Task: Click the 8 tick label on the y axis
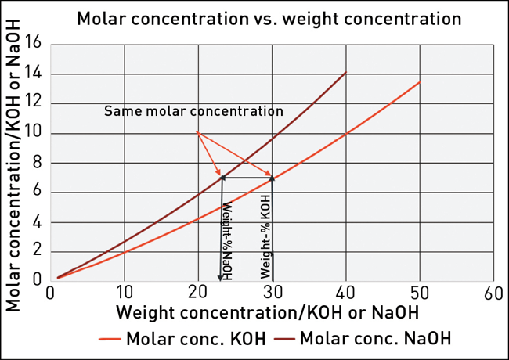36,163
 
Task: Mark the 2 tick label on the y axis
36,252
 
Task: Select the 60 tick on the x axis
493,293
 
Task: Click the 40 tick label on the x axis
346,293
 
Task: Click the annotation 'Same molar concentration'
193,111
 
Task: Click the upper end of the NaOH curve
346,73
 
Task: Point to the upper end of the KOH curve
420,81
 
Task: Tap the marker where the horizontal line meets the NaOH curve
222,178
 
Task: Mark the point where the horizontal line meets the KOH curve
273,178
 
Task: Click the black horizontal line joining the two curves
247,178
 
